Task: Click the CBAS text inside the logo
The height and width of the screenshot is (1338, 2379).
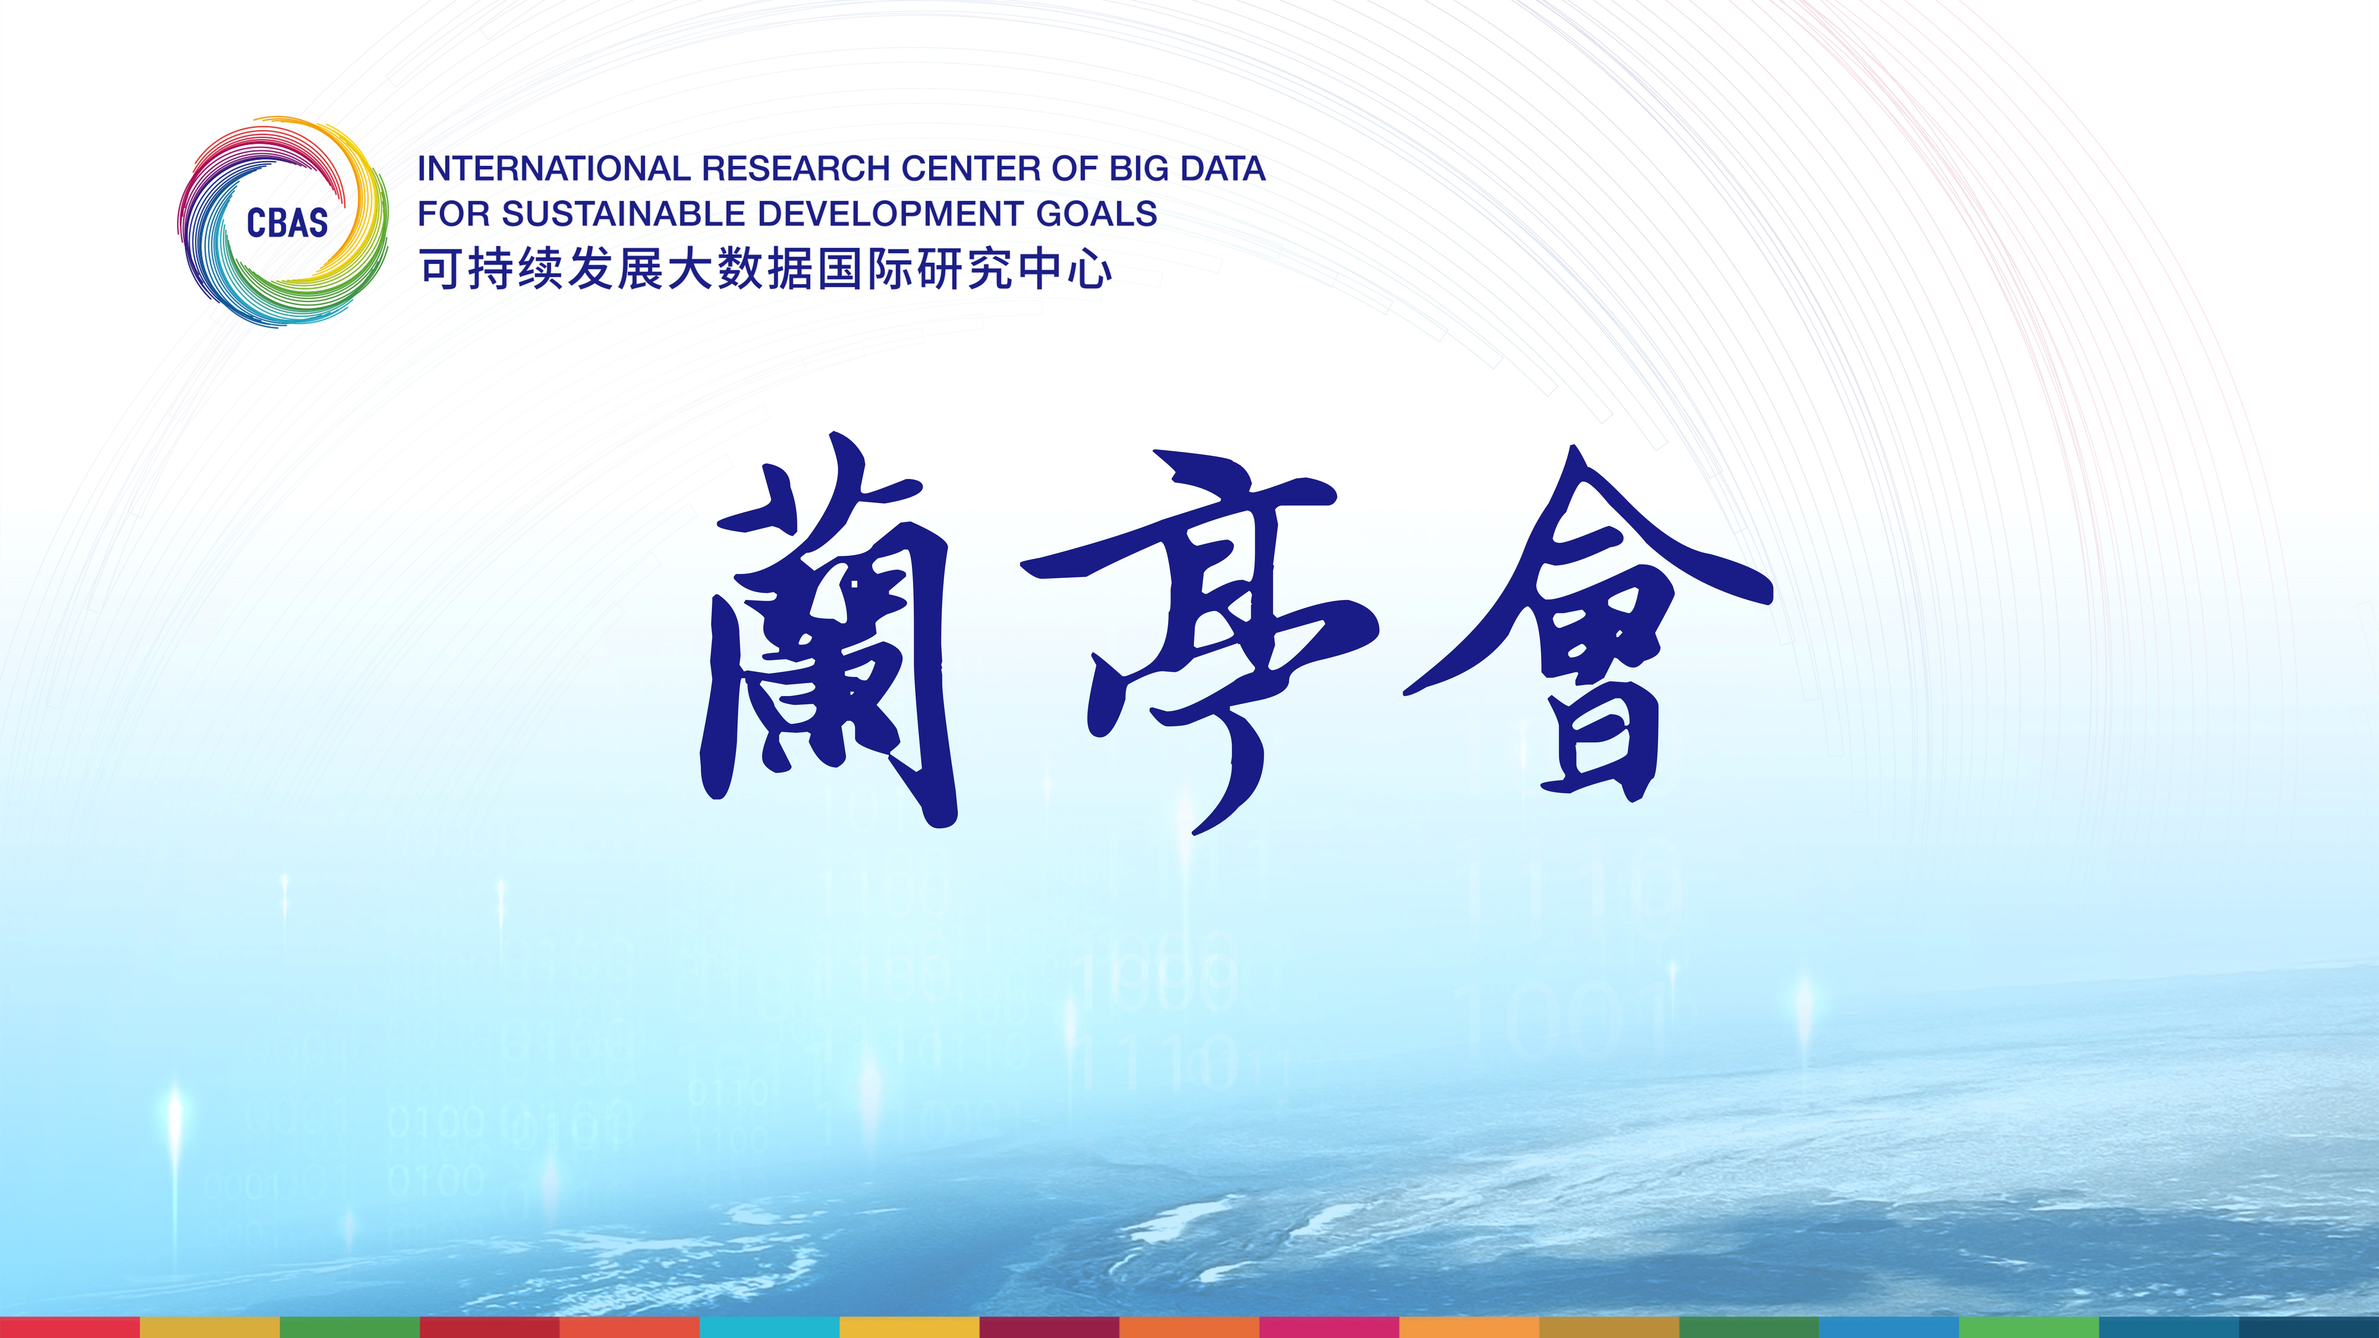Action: (287, 222)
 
